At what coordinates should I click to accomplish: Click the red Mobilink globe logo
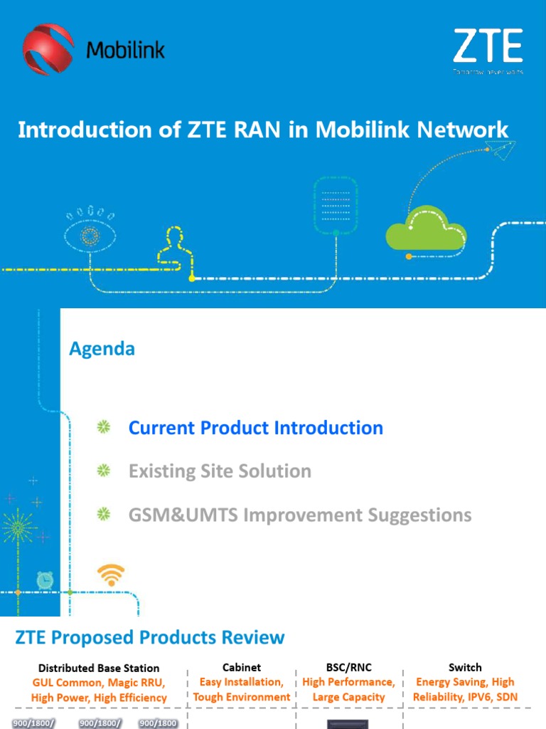pos(48,49)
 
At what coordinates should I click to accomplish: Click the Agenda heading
pos(102,349)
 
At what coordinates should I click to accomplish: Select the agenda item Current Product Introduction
pos(255,428)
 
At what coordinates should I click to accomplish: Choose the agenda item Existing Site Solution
pos(220,471)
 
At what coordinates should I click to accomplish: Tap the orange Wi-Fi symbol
pos(111,574)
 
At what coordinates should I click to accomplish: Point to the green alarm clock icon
pos(45,581)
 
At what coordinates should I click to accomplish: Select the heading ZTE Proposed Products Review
pos(150,637)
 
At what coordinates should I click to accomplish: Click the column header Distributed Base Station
pos(99,668)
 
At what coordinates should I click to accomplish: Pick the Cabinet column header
pos(242,667)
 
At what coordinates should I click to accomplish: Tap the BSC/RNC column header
pos(348,667)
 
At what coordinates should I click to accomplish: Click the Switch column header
pos(465,667)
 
